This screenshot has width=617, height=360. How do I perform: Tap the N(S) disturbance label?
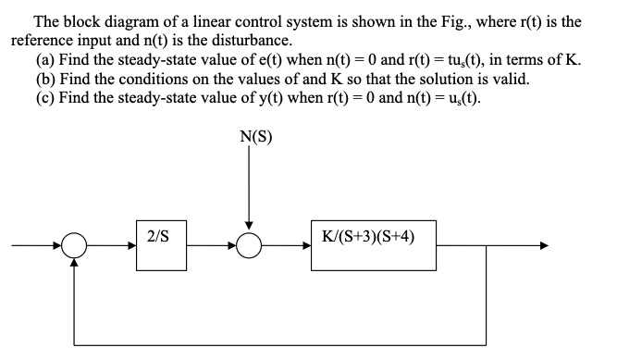point(248,140)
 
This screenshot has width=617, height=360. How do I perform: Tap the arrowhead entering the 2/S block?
point(131,246)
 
